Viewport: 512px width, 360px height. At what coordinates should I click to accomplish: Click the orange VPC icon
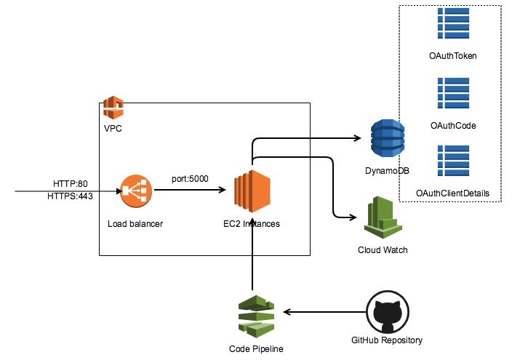click(x=113, y=108)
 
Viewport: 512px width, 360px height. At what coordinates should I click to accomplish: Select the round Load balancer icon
click(x=135, y=192)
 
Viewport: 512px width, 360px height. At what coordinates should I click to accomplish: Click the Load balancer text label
click(x=135, y=224)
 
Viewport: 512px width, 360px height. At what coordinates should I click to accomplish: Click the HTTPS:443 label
click(x=70, y=196)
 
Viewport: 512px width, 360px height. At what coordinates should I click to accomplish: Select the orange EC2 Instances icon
click(x=252, y=191)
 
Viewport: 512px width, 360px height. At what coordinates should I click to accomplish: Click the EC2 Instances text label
click(x=252, y=224)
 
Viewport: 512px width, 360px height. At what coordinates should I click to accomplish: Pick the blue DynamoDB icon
click(x=387, y=138)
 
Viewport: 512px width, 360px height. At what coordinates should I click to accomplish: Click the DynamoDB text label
click(x=386, y=169)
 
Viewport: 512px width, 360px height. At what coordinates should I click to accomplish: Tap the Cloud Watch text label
click(x=383, y=250)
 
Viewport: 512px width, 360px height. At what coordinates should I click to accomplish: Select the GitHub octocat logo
click(x=385, y=312)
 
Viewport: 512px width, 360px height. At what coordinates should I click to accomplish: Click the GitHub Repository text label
click(x=385, y=340)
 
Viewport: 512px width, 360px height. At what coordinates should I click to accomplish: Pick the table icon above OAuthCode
click(x=452, y=93)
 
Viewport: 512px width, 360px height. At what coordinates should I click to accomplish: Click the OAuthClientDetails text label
click(x=452, y=193)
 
